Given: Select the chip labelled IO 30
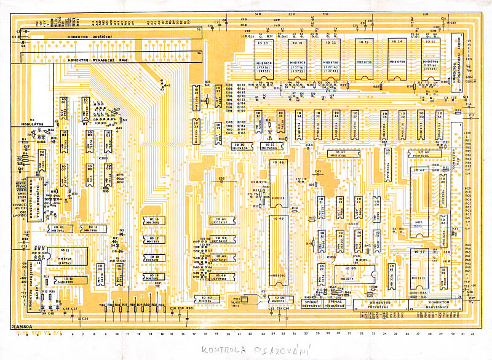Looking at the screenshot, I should [264, 58].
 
